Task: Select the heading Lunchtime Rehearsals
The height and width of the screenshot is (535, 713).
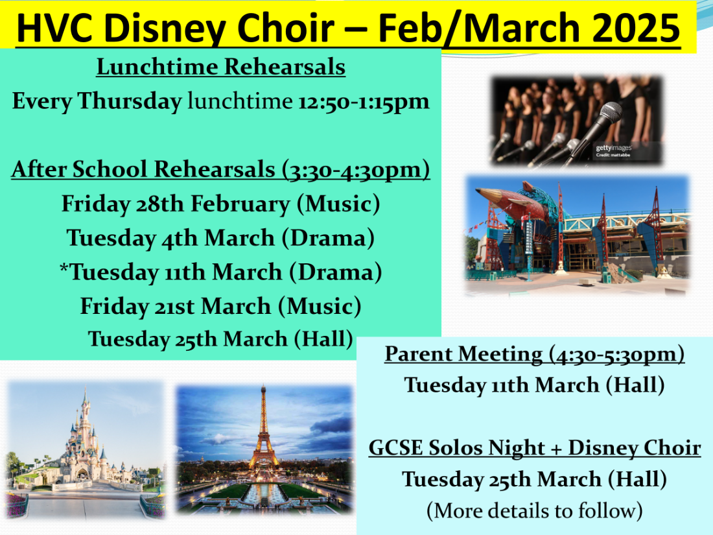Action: tap(221, 67)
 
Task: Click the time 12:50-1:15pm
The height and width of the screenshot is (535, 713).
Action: tap(364, 101)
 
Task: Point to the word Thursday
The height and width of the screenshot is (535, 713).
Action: tap(130, 101)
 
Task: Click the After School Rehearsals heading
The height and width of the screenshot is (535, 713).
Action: tap(220, 170)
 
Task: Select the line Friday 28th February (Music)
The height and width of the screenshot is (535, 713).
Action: tap(221, 204)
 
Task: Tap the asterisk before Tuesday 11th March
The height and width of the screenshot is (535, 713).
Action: tap(64, 267)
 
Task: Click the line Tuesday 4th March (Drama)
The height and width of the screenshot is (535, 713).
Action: tap(221, 238)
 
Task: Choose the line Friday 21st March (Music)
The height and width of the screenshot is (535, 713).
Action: tap(221, 306)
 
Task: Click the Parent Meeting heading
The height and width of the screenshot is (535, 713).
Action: tap(535, 354)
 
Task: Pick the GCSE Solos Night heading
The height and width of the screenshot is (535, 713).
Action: tap(535, 448)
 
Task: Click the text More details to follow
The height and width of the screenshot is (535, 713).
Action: tap(535, 510)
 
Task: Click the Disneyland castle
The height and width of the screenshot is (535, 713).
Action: tap(85, 439)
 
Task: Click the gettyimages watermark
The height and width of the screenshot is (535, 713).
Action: tap(614, 148)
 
